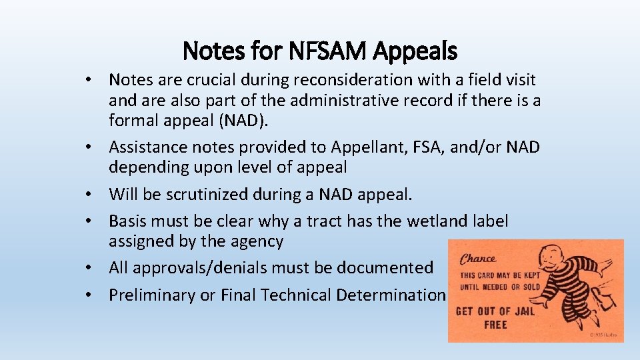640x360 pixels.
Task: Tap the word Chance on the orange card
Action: pos(478,259)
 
